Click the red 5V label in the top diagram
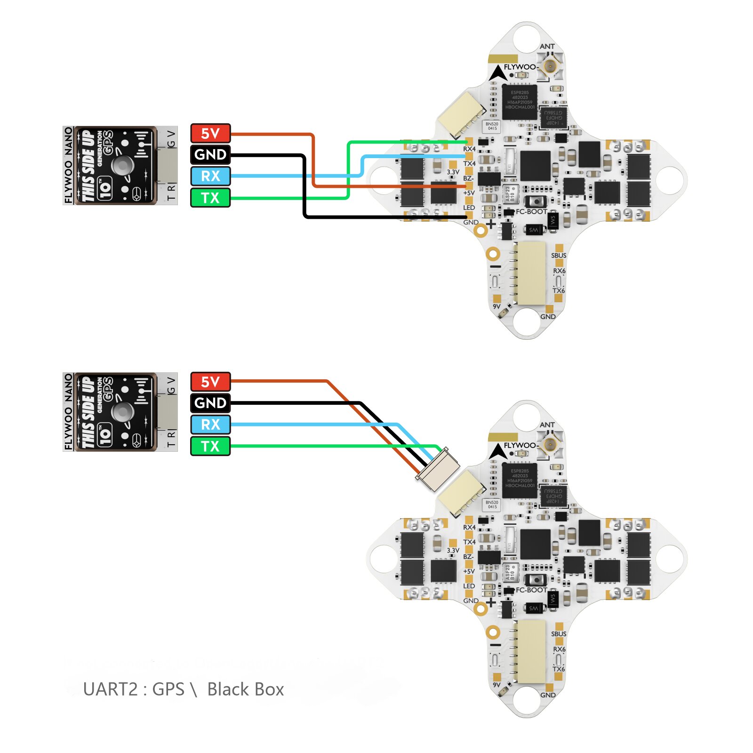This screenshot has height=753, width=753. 210,133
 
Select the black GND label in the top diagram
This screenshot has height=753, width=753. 210,154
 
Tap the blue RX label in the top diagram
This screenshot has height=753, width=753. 210,176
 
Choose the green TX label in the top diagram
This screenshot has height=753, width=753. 210,198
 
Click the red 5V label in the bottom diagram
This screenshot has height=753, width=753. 210,382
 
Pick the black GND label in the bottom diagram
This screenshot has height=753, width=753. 210,403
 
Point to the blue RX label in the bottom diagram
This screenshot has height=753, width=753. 210,425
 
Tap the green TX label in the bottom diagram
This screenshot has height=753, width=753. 210,446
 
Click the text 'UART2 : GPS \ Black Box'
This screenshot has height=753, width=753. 183,689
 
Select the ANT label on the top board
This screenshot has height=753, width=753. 547,47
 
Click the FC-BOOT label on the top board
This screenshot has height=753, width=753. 531,212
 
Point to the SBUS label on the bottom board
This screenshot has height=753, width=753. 559,634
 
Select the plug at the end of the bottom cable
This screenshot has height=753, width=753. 438,469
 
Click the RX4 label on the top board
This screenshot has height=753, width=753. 469,149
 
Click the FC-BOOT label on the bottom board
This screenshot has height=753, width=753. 531,590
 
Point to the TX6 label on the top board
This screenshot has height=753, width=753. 559,291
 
